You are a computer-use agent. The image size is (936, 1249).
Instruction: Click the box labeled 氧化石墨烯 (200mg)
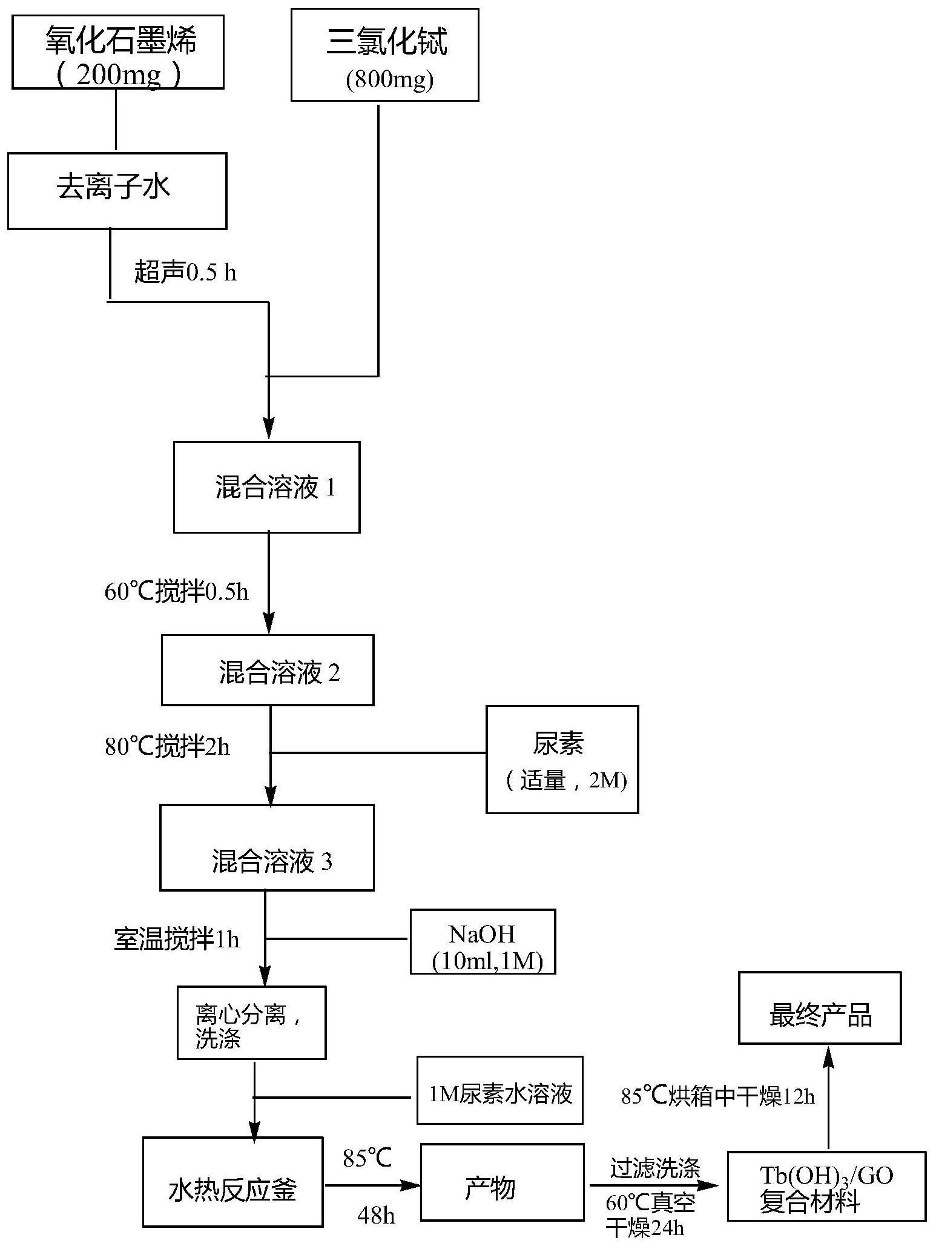[118, 53]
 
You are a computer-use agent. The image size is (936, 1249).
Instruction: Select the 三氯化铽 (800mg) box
[384, 55]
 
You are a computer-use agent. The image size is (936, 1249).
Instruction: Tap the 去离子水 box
[117, 191]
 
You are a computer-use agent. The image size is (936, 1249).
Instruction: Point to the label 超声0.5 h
[185, 273]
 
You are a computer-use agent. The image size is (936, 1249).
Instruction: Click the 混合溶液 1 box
[266, 487]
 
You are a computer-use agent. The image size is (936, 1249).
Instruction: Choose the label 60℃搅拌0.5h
[176, 592]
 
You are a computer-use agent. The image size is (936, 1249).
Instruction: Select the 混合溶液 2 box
[267, 670]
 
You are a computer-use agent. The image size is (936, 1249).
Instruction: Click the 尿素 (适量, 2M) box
[562, 759]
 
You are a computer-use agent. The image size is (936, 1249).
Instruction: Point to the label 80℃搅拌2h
[168, 747]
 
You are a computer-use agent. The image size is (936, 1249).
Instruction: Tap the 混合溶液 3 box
[266, 847]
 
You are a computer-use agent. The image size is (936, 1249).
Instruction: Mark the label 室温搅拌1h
[177, 939]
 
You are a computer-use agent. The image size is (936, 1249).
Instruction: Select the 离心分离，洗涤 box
[251, 1023]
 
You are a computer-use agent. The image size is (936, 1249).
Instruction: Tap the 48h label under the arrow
[376, 1215]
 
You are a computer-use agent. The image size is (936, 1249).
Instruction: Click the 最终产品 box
[819, 1009]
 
